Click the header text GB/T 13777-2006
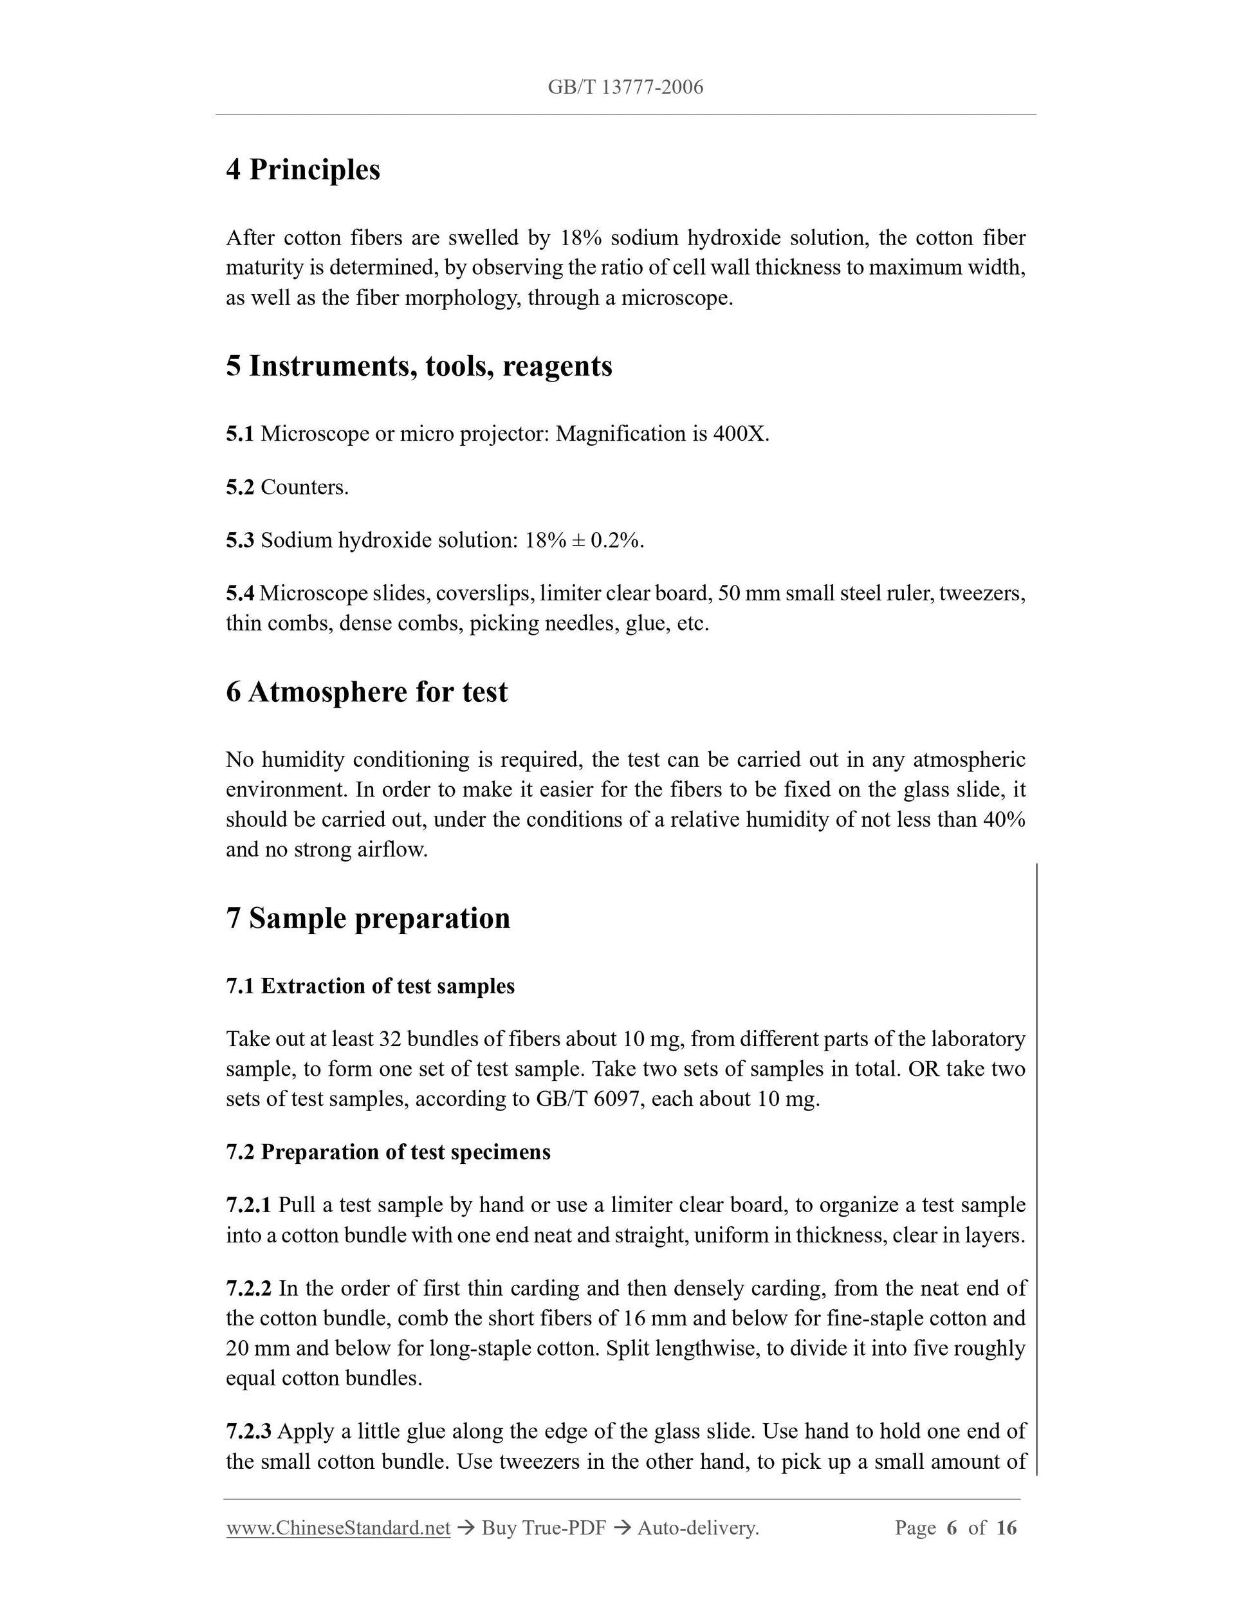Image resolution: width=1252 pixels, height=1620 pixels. tap(625, 87)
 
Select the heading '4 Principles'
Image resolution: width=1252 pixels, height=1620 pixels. tap(302, 169)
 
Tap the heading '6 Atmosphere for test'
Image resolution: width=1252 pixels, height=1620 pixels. tap(367, 692)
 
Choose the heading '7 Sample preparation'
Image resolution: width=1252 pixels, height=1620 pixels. tap(368, 918)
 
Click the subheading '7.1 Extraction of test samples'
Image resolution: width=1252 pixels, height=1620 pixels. tap(370, 986)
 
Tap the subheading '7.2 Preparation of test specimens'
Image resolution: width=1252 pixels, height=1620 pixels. tap(388, 1152)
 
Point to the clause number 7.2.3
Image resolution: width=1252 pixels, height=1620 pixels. tap(248, 1431)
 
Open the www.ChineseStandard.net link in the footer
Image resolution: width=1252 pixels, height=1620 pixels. tap(338, 1528)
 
